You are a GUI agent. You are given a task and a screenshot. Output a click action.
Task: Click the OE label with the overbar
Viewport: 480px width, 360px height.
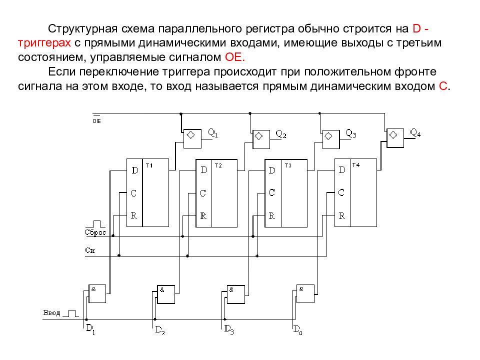click(x=96, y=119)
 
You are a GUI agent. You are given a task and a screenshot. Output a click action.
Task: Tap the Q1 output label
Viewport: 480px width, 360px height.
click(x=213, y=133)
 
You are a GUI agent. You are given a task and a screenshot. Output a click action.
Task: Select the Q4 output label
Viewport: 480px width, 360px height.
click(x=415, y=132)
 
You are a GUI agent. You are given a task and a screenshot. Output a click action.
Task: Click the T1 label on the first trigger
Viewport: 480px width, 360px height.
click(x=149, y=165)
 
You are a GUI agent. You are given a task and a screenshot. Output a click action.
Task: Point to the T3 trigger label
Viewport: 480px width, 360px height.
click(x=288, y=165)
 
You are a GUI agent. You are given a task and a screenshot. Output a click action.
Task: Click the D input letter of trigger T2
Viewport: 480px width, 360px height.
click(x=204, y=170)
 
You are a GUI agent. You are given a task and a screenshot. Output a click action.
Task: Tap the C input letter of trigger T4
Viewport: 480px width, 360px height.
click(x=341, y=192)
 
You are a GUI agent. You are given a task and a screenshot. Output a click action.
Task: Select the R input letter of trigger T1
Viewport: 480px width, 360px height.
click(x=134, y=215)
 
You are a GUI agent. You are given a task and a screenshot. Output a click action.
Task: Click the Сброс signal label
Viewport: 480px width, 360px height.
click(x=95, y=232)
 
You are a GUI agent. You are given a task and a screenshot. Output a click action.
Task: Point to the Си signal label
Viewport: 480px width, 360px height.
click(x=90, y=250)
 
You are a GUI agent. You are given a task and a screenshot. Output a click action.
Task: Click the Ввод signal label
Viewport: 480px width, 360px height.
click(x=51, y=313)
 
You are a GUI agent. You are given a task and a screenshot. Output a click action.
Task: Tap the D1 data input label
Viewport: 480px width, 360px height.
click(x=90, y=329)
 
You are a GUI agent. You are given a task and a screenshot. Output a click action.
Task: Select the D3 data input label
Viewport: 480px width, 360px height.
click(x=229, y=329)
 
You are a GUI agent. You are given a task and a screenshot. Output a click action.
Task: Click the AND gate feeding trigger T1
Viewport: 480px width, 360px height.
click(x=97, y=293)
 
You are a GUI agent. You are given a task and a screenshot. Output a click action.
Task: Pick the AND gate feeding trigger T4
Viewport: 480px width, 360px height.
click(x=305, y=293)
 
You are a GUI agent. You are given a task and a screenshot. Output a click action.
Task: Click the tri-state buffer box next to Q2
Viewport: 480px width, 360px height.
click(x=261, y=139)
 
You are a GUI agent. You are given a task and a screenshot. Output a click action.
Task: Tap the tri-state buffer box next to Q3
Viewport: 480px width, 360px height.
click(x=331, y=139)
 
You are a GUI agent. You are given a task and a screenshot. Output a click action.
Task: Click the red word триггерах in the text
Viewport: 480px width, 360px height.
click(x=44, y=43)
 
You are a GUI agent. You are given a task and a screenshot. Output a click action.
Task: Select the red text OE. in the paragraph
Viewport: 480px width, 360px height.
click(x=235, y=57)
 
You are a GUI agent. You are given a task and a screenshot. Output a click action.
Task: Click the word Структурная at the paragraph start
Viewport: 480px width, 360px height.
click(x=82, y=29)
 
